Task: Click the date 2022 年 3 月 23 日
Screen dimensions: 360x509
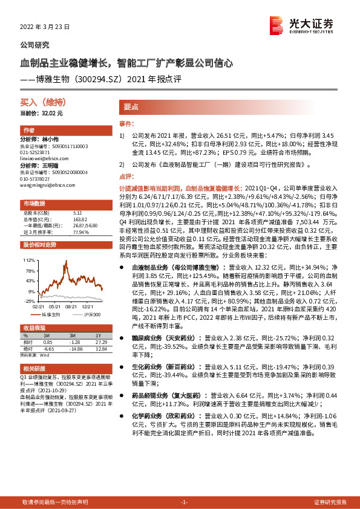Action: point(45,27)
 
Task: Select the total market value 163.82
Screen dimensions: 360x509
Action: point(78,219)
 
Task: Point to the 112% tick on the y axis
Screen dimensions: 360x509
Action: point(29,259)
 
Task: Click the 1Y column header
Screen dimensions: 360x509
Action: point(99,336)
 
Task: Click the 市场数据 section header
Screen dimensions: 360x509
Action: point(34,203)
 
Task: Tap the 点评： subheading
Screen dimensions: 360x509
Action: point(126,177)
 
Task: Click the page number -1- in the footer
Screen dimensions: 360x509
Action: point(185,502)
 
